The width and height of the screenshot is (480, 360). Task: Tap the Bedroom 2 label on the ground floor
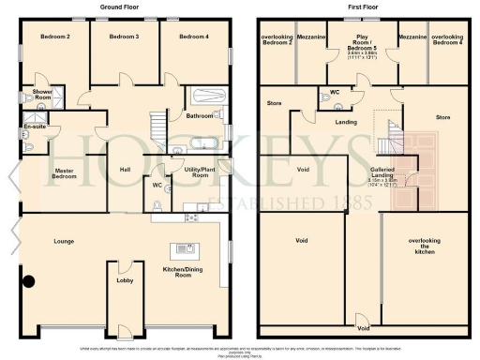[55, 37]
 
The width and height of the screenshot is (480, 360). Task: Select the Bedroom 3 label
[124, 37]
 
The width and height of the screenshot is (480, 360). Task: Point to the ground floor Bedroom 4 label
[193, 37]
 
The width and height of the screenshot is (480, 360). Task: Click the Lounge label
[64, 242]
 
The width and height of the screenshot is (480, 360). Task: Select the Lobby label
[124, 280]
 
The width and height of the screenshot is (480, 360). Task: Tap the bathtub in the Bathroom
[203, 97]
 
